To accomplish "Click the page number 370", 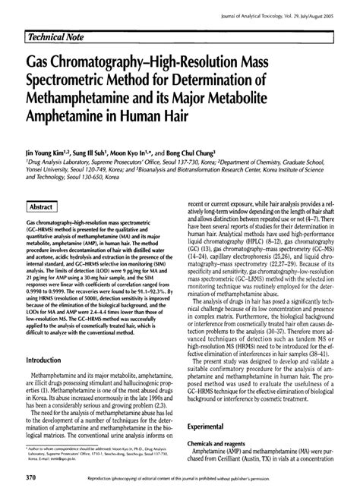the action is (33, 478).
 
